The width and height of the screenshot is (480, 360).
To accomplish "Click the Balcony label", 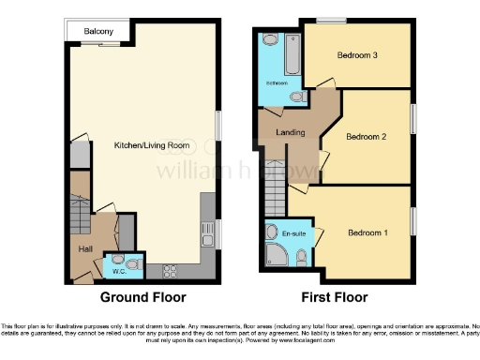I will point(98,32).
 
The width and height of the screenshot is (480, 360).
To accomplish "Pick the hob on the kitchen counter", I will point(171,272).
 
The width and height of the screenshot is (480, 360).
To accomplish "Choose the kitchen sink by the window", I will point(207,235).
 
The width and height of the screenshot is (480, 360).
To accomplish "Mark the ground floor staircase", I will point(78,216).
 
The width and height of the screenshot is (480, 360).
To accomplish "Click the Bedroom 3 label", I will point(357,55).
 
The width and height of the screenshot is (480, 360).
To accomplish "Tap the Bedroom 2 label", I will point(367,137).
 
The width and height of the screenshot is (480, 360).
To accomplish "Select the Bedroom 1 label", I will point(367,232).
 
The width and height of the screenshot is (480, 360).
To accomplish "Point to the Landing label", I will point(292,133).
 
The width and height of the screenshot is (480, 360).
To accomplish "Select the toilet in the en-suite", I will point(300,257).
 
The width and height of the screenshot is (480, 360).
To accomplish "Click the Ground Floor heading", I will point(144,298).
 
